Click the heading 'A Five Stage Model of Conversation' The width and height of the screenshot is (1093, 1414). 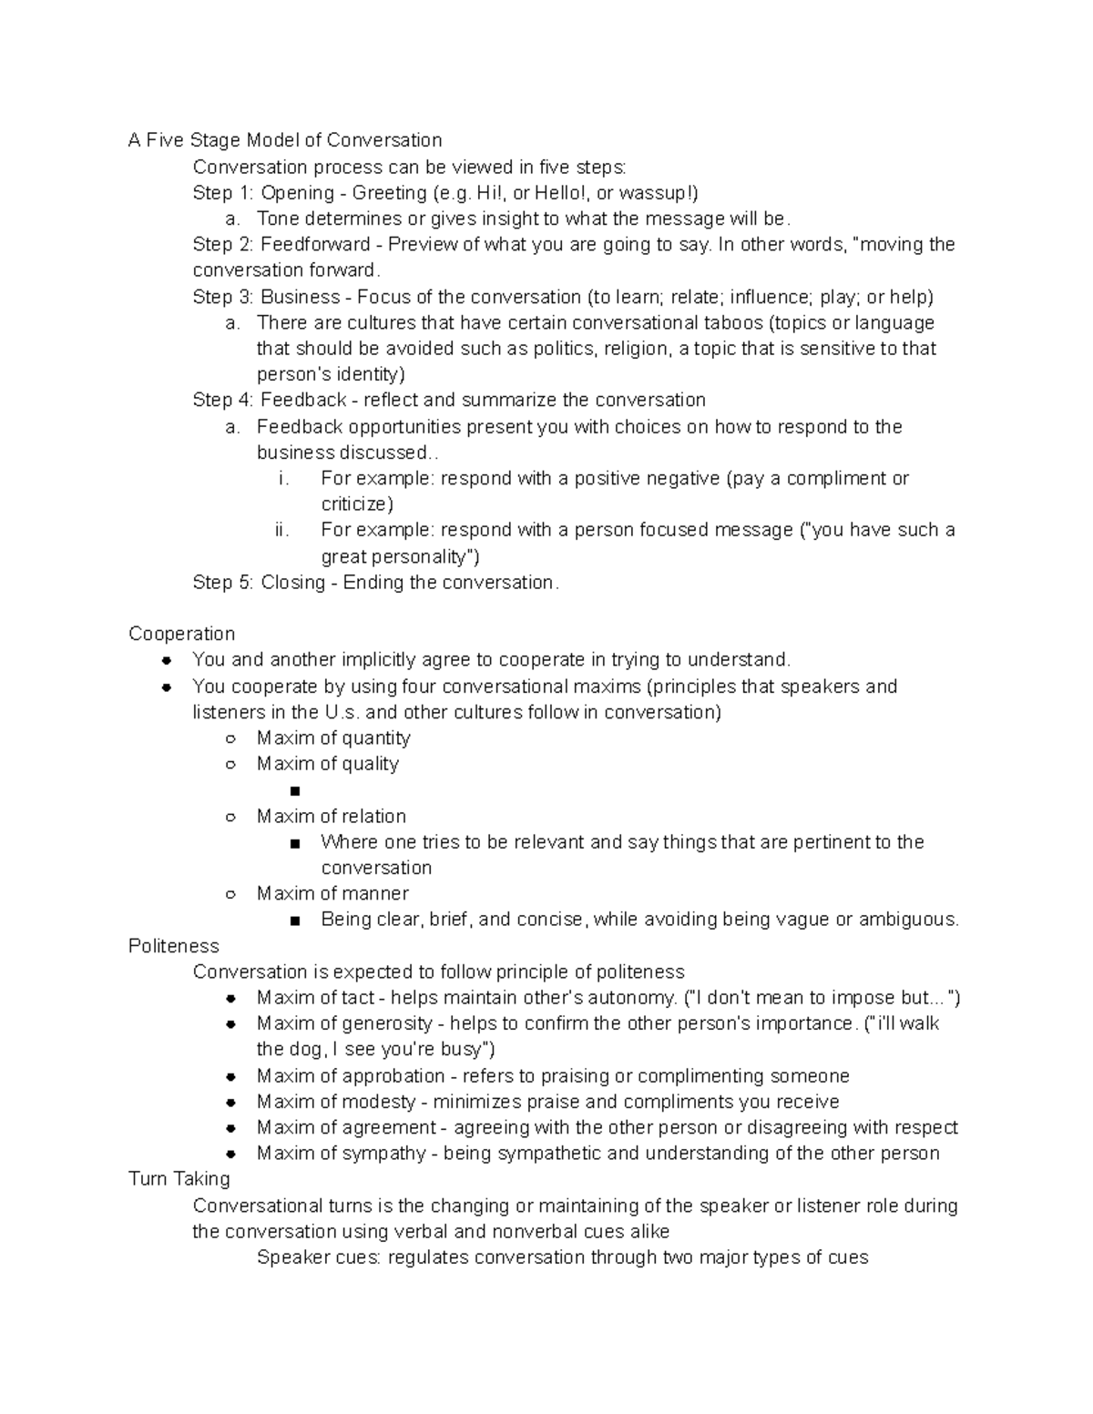[x=285, y=140]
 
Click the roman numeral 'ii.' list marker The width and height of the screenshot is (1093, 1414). [x=281, y=530]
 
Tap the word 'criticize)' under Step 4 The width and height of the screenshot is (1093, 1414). [x=357, y=504]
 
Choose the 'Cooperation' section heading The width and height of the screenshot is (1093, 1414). [x=182, y=634]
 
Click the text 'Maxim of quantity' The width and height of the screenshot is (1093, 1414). [x=333, y=738]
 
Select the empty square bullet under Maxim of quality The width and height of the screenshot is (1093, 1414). [x=294, y=791]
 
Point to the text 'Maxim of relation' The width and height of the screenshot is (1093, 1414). [x=332, y=817]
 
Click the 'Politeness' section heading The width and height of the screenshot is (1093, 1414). [x=174, y=946]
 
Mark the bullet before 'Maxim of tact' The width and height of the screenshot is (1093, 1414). [x=231, y=998]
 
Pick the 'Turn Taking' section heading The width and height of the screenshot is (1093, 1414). [x=179, y=1179]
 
